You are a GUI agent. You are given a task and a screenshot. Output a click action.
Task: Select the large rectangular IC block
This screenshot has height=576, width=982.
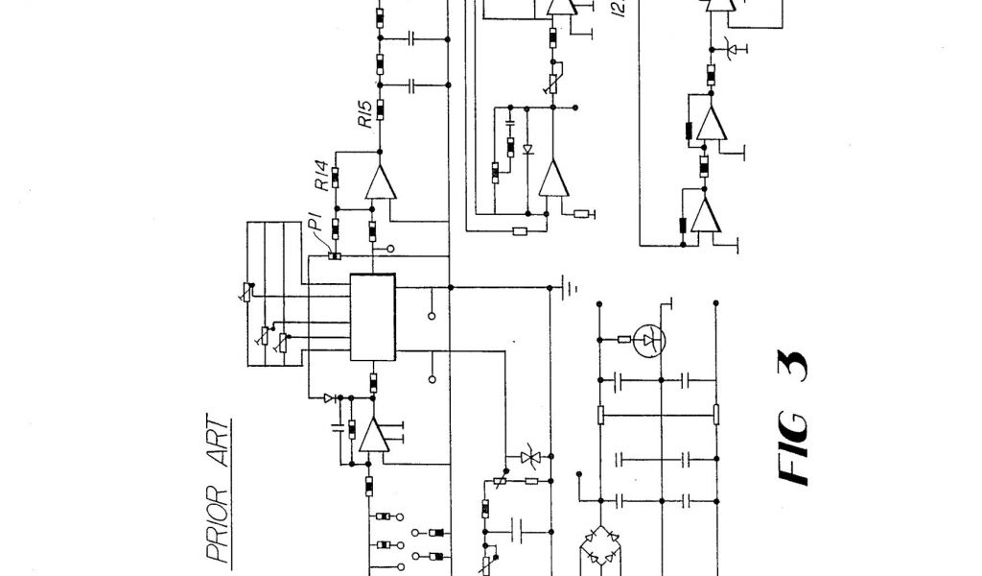373,317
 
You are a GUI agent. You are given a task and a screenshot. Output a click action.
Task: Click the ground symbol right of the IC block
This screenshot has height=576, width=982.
568,286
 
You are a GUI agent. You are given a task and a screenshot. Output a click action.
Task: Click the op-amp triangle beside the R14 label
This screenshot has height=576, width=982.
381,182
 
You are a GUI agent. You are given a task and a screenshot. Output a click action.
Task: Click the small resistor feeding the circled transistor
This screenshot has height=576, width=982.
624,338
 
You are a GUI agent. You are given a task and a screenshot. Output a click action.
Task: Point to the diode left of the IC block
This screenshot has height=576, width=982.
329,396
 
